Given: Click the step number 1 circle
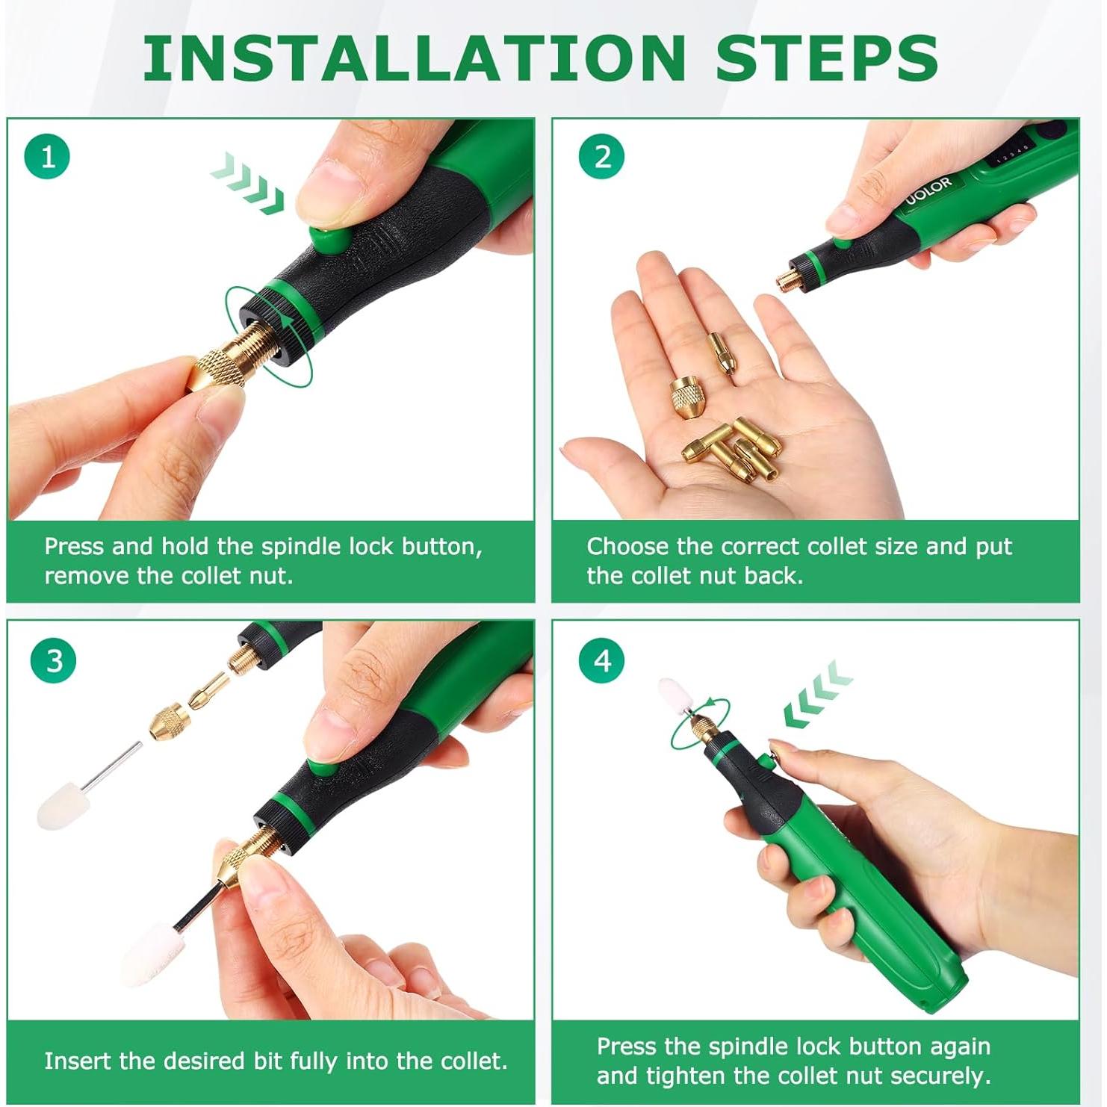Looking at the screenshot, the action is tap(47, 157).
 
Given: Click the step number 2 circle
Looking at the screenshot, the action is tap(602, 157).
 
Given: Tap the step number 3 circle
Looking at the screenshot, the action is tap(54, 660).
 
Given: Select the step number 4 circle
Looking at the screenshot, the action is tap(602, 660).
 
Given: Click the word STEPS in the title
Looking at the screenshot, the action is tap(827, 58).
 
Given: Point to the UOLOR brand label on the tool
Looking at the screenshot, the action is tap(929, 191).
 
